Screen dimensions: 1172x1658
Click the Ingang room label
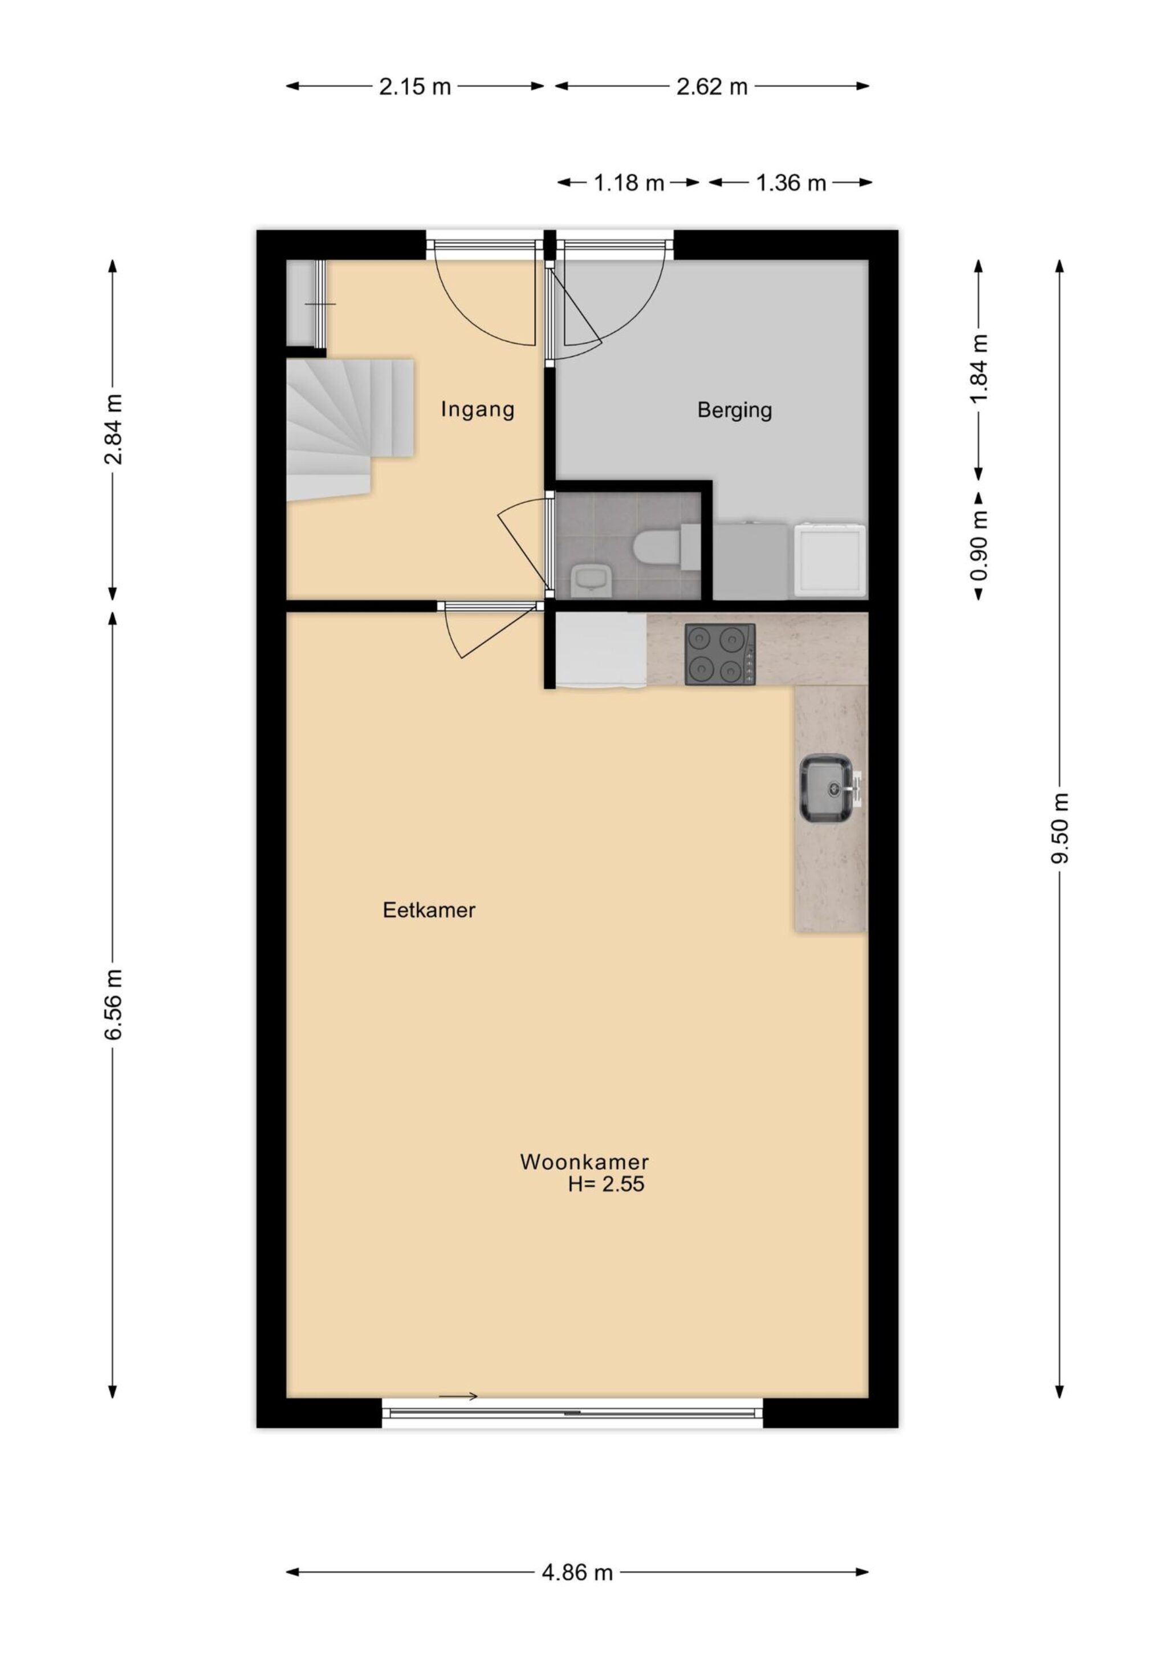coord(477,410)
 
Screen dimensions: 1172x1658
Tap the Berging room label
coord(734,410)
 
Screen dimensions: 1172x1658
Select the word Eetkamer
coord(429,910)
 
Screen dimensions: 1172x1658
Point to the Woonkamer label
coord(584,1162)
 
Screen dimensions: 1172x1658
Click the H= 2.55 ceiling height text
coord(606,1184)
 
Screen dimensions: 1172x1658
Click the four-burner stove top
coord(720,654)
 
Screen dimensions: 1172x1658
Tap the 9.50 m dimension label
coord(1059,827)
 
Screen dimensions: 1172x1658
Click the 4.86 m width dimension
coord(577,1571)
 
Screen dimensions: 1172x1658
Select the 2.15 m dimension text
coord(415,87)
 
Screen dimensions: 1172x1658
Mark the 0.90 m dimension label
coord(979,546)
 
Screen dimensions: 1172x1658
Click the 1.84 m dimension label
coord(979,369)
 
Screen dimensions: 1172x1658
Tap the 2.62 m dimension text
coord(712,87)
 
